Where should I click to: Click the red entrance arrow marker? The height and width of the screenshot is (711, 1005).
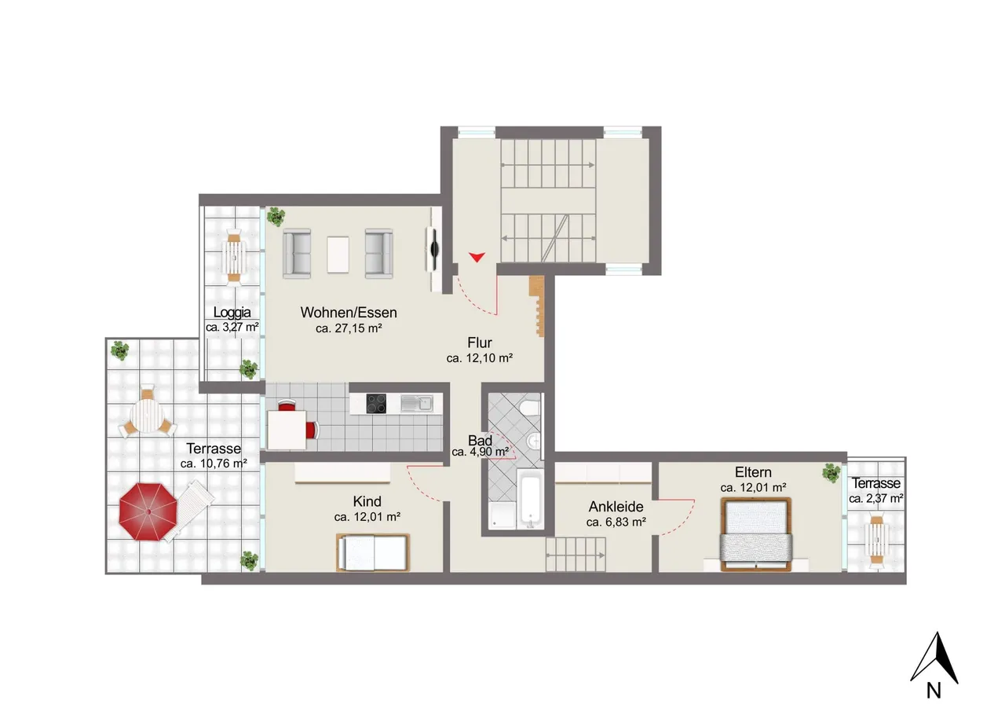coord(477,257)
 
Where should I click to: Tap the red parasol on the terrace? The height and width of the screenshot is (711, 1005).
coord(148,511)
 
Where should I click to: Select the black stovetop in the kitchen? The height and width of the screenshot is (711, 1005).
coord(376,403)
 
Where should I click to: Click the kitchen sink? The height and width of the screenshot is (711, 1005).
coord(416,403)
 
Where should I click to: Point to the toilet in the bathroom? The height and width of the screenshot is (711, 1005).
coord(530,409)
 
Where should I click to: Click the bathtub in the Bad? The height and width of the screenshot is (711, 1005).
coord(530,498)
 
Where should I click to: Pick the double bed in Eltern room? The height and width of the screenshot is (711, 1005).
coord(755,534)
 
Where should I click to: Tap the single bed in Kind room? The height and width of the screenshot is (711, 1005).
coord(373,552)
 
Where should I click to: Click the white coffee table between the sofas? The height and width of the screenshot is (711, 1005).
coord(338,255)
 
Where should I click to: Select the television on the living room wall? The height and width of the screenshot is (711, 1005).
coord(433,249)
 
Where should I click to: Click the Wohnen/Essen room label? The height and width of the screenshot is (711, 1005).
coord(349,313)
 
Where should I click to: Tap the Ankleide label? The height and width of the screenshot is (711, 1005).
coord(616,507)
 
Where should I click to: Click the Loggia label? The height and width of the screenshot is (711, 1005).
coord(232,313)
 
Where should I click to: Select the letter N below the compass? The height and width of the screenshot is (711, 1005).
coord(934,690)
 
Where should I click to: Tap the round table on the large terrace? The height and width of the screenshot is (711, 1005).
coord(147,416)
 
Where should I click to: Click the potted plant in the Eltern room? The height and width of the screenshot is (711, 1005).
coord(831,473)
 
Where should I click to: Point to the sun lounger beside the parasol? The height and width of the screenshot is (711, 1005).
coord(188,511)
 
